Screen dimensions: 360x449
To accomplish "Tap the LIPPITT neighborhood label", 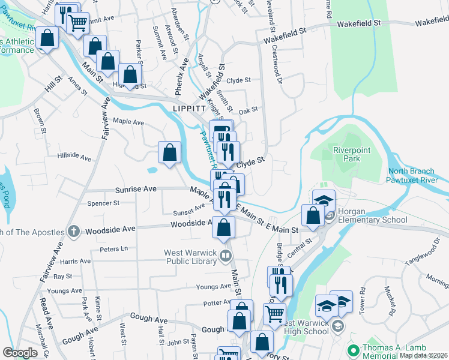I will pos(189,108).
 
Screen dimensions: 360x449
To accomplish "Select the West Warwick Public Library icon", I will pos(226,257).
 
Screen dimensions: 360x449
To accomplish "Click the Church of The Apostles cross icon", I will pos(73,231).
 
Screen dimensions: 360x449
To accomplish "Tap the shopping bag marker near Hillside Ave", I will pos(170,152).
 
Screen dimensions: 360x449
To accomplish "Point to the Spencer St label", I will pos(103,203).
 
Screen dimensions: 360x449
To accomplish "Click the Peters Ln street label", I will pos(114,248).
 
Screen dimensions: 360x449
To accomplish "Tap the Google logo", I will pos(20,353).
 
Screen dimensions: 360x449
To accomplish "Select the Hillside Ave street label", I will pos(74,157).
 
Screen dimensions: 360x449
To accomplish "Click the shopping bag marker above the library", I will pos(224,228).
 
